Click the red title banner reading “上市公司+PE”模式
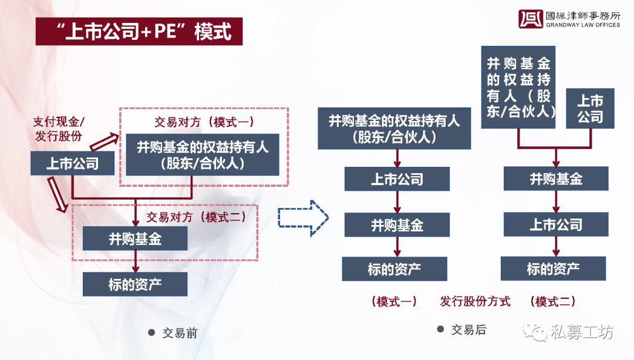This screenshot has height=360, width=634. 139,31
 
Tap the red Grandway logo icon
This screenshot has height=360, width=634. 531,19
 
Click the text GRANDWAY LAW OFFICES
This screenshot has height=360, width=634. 583,25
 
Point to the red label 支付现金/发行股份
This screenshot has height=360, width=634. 59,129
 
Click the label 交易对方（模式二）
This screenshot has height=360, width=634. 197,217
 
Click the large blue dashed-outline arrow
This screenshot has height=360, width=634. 303,218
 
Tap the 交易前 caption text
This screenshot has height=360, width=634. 180,334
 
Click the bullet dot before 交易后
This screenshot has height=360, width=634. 441,329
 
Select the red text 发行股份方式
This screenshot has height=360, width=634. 475,301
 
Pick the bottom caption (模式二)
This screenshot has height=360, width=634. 553,301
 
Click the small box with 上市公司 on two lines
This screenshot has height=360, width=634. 590,109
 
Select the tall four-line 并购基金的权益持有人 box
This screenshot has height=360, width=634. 518,88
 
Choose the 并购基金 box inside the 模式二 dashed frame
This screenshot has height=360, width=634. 135,238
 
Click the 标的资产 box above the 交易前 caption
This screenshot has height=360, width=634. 135,284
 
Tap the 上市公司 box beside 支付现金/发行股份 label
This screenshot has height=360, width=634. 72,163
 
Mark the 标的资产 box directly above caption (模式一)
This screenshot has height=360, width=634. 394,268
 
